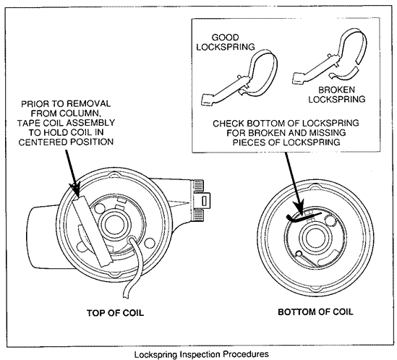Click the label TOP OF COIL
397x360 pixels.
[x=115, y=313]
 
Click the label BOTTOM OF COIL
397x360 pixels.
[x=315, y=312]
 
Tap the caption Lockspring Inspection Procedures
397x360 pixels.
[x=201, y=354]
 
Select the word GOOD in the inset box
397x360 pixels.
[x=225, y=38]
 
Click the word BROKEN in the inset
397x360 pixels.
[x=336, y=90]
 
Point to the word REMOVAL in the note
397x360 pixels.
[x=91, y=104]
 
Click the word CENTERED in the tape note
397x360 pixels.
[x=43, y=142]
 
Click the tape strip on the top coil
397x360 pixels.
[x=92, y=231]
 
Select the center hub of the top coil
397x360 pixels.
[x=115, y=224]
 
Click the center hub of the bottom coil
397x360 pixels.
[x=316, y=237]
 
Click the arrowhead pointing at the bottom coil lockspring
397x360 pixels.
[x=299, y=209]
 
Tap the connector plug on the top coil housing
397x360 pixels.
[x=202, y=200]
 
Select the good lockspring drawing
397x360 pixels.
[x=239, y=77]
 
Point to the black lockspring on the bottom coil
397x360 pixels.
[x=302, y=218]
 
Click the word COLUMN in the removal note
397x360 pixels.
[x=82, y=113]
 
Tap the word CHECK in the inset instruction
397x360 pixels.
[x=229, y=124]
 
